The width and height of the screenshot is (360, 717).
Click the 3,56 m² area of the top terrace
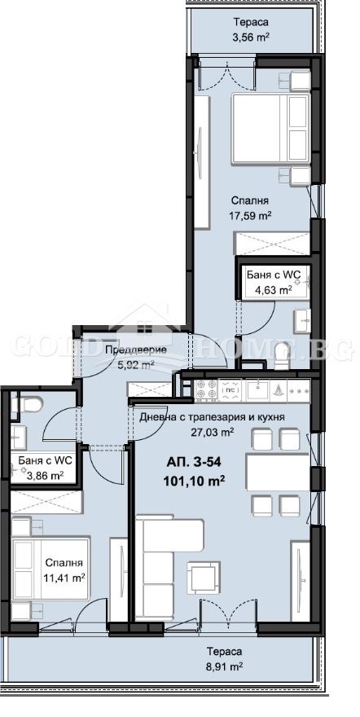point(251,37)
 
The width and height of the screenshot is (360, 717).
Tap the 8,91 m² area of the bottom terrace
point(222,666)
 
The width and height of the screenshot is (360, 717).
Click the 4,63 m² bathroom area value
point(268,288)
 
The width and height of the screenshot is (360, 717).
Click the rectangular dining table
point(277,472)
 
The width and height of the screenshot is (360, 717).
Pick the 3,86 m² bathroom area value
point(45,474)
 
